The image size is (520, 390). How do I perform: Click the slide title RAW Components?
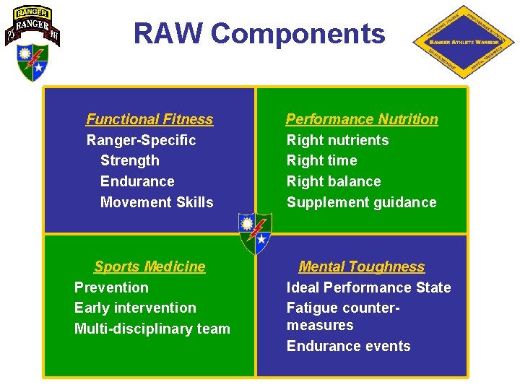click(x=259, y=34)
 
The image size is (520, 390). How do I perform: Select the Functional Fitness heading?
click(x=149, y=119)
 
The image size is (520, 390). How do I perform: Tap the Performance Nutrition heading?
click(x=362, y=119)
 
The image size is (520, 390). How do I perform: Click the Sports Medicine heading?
click(x=149, y=266)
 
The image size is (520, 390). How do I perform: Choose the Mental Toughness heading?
click(x=361, y=266)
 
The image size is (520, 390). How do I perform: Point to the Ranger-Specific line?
click(x=141, y=140)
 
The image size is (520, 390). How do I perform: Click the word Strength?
click(x=130, y=160)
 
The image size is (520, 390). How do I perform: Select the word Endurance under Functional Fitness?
click(x=137, y=181)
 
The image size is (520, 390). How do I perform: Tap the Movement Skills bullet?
click(x=157, y=202)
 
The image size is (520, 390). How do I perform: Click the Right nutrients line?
click(x=337, y=140)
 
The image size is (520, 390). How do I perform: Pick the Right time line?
click(x=321, y=160)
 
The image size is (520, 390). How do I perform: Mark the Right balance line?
click(x=334, y=181)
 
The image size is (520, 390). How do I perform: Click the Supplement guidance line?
click(x=361, y=202)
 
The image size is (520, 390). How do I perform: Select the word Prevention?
click(x=111, y=287)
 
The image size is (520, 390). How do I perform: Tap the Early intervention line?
click(x=135, y=308)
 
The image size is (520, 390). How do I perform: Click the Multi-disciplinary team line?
click(x=152, y=329)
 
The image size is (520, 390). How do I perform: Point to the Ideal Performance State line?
click(x=368, y=287)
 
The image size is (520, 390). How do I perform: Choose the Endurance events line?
click(x=348, y=346)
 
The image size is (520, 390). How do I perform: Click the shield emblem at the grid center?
click(x=256, y=233)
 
